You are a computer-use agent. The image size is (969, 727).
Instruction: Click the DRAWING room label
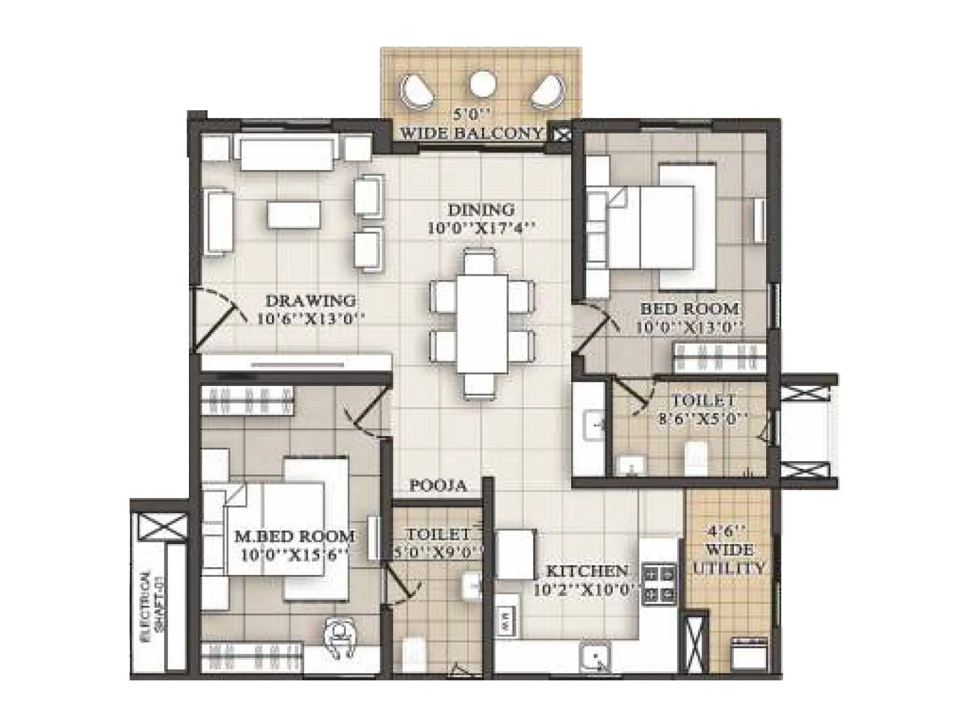[311, 300]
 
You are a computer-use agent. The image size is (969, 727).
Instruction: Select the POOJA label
[438, 486]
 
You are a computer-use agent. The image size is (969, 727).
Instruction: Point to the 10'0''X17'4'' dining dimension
[482, 228]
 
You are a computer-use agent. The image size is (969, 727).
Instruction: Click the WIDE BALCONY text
[473, 133]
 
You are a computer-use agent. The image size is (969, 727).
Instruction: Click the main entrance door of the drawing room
[215, 321]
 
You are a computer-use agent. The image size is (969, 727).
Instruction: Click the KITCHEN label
[586, 571]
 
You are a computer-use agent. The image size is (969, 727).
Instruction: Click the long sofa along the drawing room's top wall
[286, 153]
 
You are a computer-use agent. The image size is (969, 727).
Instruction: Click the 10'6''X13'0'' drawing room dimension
[311, 319]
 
